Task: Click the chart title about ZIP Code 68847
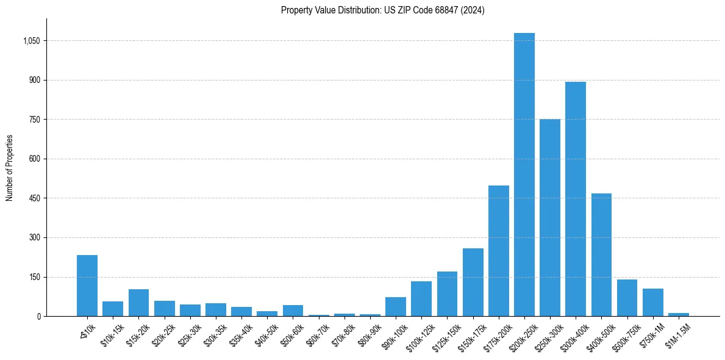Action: click(382, 10)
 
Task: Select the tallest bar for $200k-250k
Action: click(524, 175)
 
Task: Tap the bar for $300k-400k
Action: click(575, 199)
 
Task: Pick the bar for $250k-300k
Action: click(549, 218)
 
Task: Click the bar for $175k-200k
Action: click(498, 251)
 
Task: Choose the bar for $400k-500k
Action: click(601, 255)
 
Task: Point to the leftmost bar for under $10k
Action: click(87, 286)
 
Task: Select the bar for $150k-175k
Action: click(473, 283)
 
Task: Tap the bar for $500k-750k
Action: click(627, 298)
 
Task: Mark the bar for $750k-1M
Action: click(652, 303)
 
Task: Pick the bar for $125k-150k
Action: click(447, 294)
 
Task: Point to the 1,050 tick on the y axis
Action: click(31, 41)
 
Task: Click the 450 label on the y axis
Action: click(34, 198)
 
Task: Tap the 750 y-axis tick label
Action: click(34, 120)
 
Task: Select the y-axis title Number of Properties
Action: click(10, 168)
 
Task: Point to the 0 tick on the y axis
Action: click(38, 316)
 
